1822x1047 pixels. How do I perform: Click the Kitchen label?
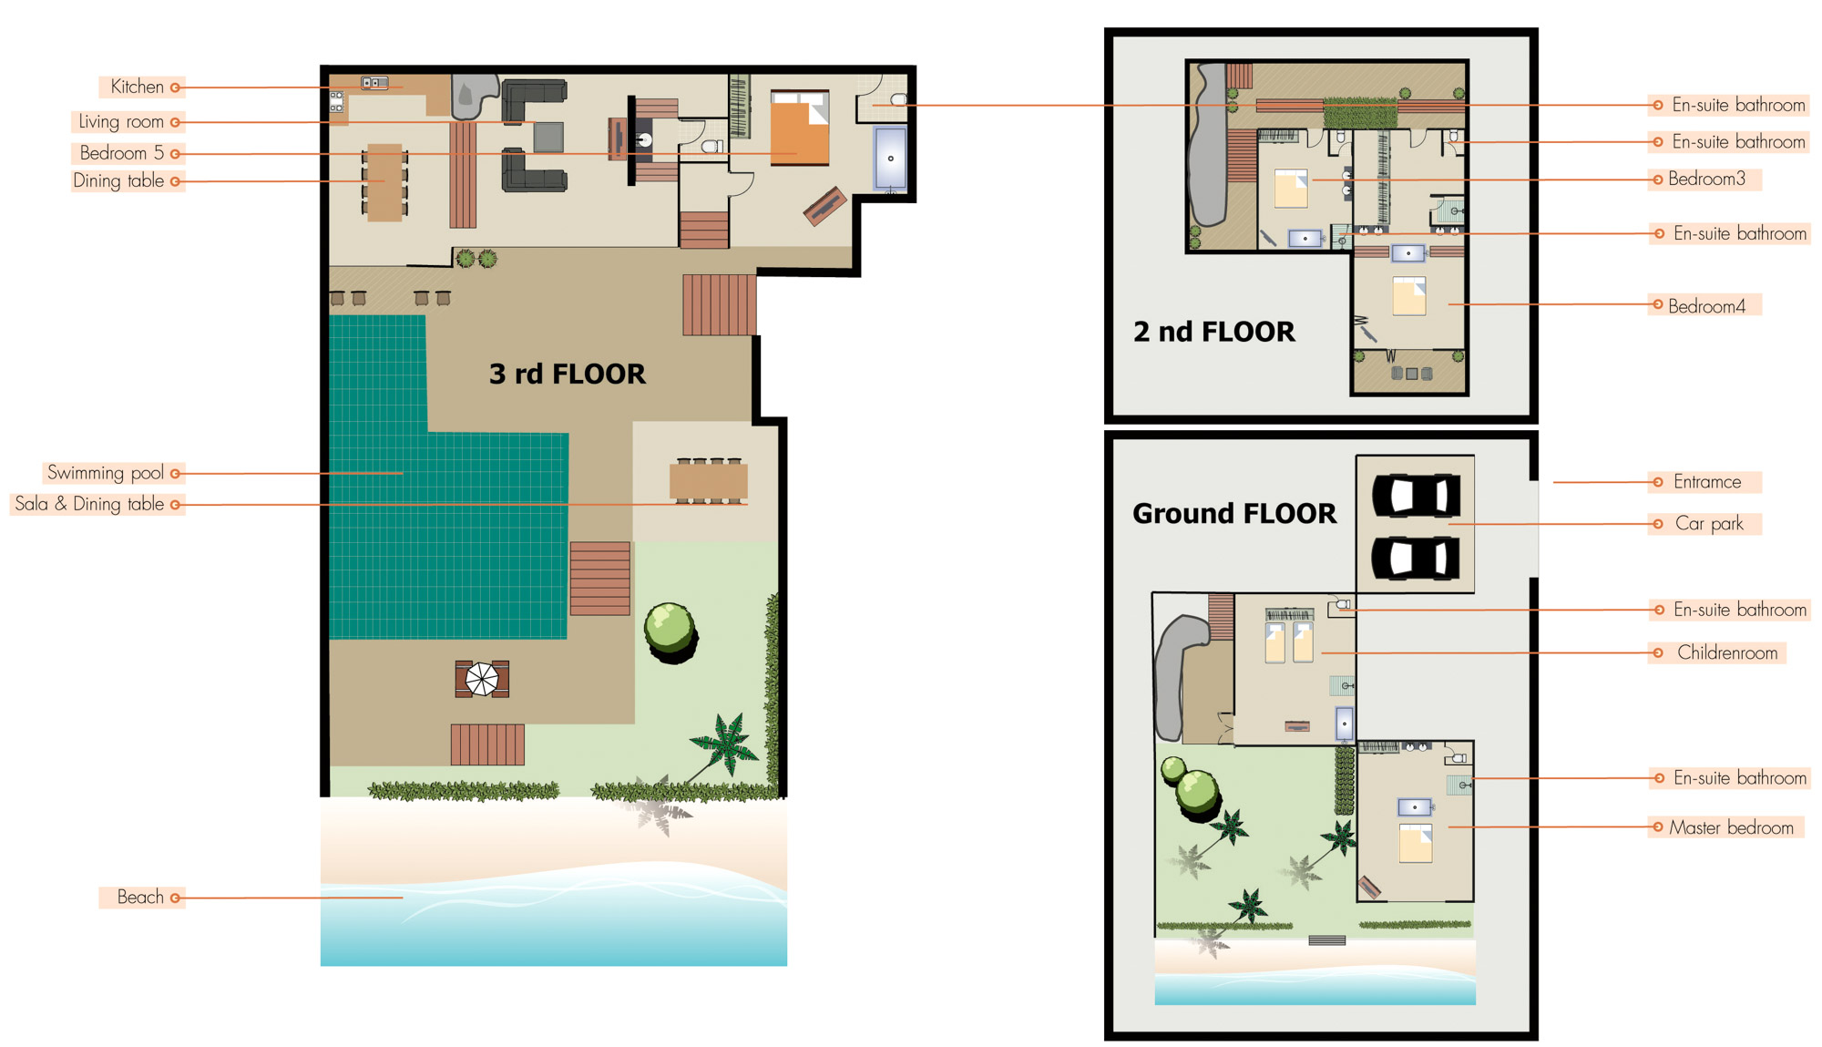click(x=138, y=87)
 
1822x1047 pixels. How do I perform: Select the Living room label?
click(x=121, y=122)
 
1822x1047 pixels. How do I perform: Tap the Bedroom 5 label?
click(x=122, y=153)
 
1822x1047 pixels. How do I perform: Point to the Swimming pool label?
click(x=106, y=473)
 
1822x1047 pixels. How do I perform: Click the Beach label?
click(x=140, y=898)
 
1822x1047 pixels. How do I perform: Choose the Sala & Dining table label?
click(x=89, y=504)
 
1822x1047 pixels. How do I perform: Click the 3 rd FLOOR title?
click(x=568, y=374)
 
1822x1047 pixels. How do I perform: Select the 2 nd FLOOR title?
click(x=1213, y=332)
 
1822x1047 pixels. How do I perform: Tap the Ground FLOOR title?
click(x=1234, y=513)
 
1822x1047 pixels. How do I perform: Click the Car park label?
click(x=1709, y=524)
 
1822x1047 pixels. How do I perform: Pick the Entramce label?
click(x=1707, y=482)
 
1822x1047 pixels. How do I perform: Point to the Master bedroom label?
click(x=1731, y=827)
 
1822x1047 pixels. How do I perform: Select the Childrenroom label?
click(x=1727, y=652)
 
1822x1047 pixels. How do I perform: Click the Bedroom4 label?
click(x=1706, y=306)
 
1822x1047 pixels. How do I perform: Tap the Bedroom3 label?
click(x=1706, y=179)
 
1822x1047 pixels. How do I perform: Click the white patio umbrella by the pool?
click(x=482, y=679)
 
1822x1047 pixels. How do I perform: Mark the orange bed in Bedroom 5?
click(x=800, y=128)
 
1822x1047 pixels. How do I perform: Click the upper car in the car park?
click(x=1417, y=497)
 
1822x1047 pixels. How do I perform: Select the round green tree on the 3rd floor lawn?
click(x=670, y=631)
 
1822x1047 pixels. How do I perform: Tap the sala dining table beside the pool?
click(x=709, y=481)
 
